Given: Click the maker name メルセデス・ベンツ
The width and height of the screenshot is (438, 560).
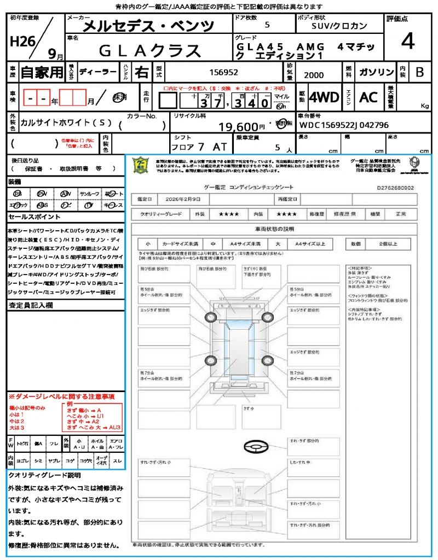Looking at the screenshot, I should [x=148, y=26].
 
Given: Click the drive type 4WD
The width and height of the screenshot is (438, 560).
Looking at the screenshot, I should [x=324, y=98].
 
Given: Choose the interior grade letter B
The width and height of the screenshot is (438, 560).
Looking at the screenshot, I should [x=419, y=72].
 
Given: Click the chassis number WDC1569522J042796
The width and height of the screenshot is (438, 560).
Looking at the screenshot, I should [x=344, y=125].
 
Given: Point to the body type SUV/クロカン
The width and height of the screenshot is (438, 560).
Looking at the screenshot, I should [x=339, y=26].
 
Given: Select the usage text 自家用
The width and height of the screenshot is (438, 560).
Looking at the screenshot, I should [x=42, y=72].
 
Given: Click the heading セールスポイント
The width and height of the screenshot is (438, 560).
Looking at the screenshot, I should [x=31, y=217].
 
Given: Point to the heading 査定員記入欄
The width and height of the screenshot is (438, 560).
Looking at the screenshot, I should [x=30, y=306].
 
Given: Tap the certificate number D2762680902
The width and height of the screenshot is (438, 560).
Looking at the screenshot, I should [x=395, y=188].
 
